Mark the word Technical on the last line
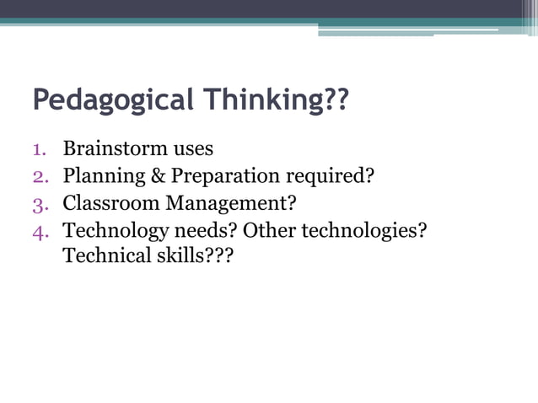click(x=105, y=255)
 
